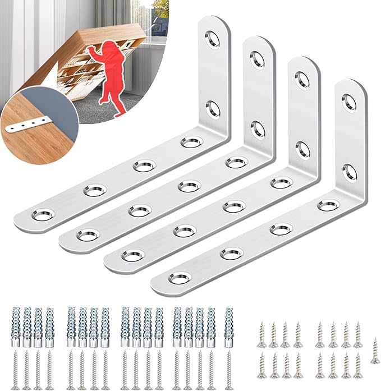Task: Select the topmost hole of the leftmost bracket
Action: [212, 39]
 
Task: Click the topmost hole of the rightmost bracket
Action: [348, 103]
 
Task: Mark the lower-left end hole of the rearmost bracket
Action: [43, 214]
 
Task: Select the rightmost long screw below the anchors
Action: [229, 370]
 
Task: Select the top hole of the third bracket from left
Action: [302, 80]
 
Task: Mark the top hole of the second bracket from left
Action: [258, 59]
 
